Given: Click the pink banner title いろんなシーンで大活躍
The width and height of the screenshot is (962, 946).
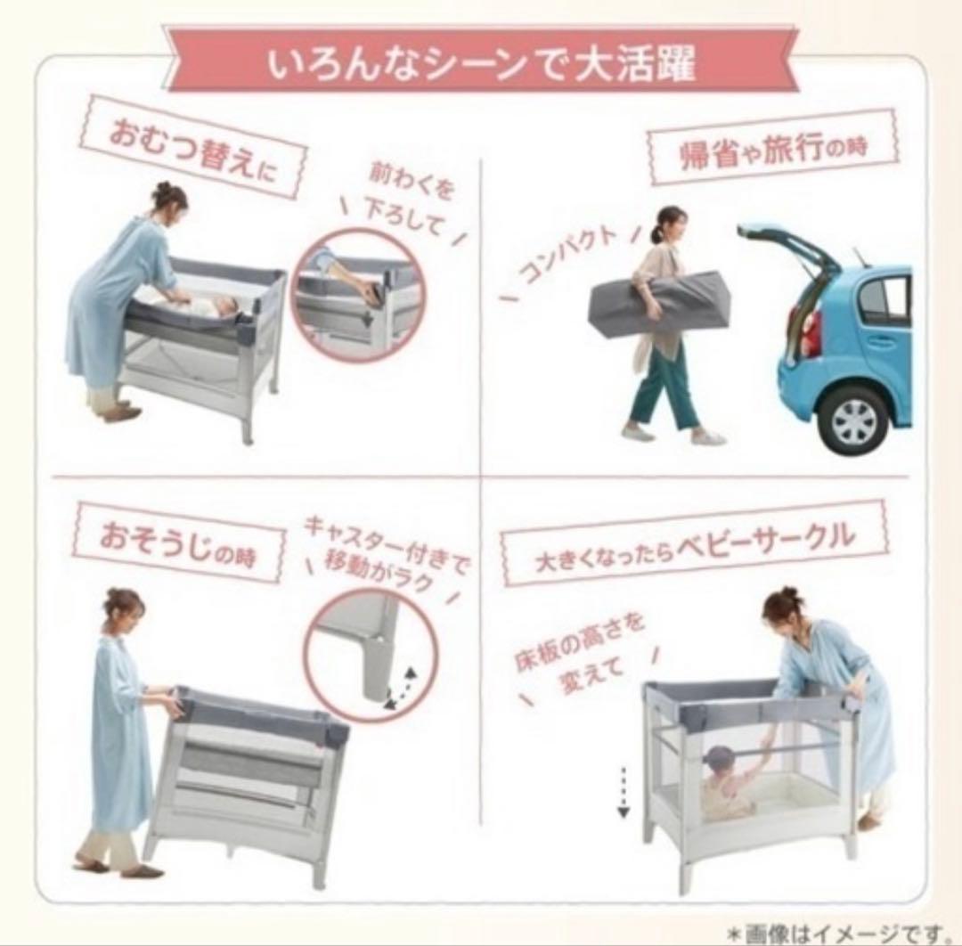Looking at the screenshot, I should click(x=481, y=65).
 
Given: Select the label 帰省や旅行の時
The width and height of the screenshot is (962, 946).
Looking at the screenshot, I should click(x=772, y=146).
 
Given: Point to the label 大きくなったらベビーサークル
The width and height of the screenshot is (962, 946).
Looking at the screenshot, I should click(x=696, y=541).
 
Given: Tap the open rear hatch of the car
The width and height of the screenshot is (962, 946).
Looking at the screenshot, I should click(x=788, y=244).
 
